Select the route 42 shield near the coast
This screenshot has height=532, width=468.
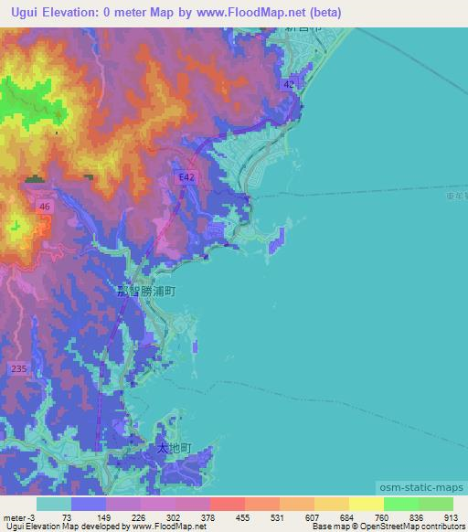289,84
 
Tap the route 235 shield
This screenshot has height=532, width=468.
19,368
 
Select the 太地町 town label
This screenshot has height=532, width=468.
173,449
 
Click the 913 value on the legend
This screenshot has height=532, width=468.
451,516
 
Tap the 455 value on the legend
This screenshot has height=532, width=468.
242,516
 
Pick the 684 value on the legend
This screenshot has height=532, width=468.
346,516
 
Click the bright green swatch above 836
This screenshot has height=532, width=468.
400,504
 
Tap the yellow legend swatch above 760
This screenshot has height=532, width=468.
366,504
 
